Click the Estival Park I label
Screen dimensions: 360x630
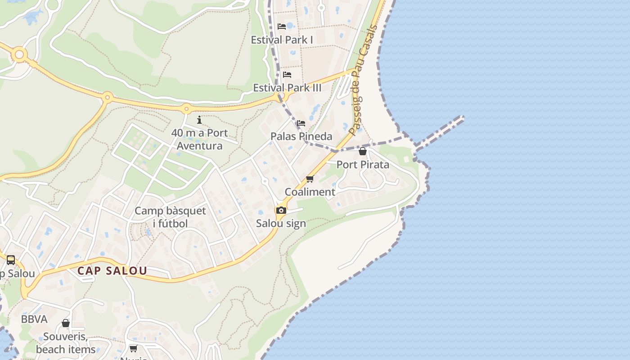(x=282, y=40)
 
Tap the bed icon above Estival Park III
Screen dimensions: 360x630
(x=287, y=74)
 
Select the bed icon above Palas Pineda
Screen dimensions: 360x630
(x=301, y=123)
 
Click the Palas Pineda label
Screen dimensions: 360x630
(x=301, y=136)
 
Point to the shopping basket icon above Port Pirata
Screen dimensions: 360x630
(x=363, y=151)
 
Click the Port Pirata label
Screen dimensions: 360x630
(x=363, y=165)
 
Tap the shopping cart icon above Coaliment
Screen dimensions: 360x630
(x=310, y=179)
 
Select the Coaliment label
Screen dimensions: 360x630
(x=310, y=192)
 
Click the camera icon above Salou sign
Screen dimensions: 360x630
(x=281, y=210)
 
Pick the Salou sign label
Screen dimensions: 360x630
(x=281, y=223)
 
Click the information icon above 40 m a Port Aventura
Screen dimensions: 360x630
(x=199, y=120)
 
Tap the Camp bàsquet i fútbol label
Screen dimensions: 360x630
(x=170, y=217)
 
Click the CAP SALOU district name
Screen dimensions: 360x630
(x=112, y=271)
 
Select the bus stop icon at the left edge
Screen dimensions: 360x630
(x=11, y=260)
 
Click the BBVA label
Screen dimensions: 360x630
(x=34, y=319)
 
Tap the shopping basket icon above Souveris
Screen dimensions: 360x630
(x=66, y=323)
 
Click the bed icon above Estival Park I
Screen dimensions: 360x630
(x=282, y=27)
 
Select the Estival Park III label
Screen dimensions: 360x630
(x=287, y=88)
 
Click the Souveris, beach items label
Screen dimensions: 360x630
(x=66, y=343)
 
